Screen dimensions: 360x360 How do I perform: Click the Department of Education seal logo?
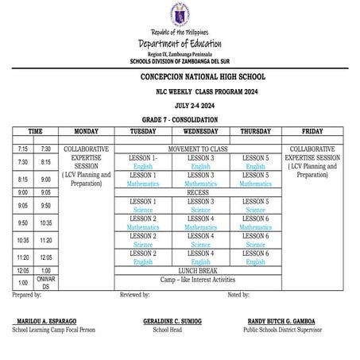point(179,16)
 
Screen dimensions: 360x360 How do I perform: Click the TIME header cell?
point(35,131)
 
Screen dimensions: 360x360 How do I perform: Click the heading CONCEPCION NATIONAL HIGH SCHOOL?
point(180,77)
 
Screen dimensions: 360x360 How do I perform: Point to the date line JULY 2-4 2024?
point(180,105)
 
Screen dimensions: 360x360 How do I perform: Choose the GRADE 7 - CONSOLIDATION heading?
point(180,119)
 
